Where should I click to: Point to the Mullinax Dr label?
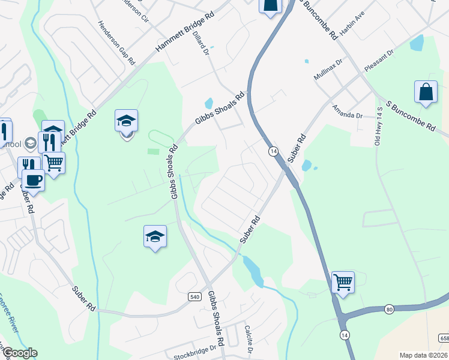pyautogui.click(x=328, y=70)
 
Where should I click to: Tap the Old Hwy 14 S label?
pyautogui.click(x=379, y=126)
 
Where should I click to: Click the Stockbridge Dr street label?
pyautogui.click(x=194, y=352)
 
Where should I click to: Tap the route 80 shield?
pyautogui.click(x=390, y=309)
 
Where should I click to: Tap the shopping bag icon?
pyautogui.click(x=426, y=92)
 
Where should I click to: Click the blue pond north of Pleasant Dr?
pyautogui.click(x=416, y=43)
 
